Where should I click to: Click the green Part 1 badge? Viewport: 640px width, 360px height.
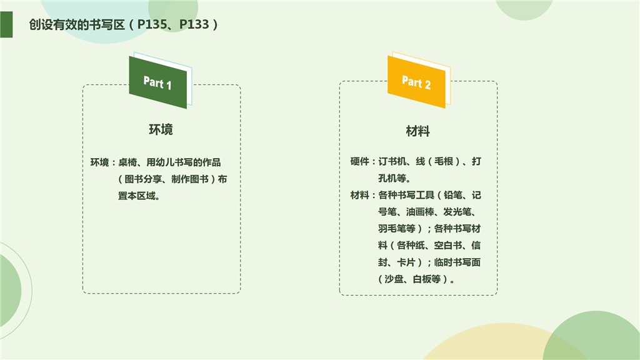(158, 82)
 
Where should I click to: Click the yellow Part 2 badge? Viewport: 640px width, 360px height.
(416, 82)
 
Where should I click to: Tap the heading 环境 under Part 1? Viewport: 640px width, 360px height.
(161, 129)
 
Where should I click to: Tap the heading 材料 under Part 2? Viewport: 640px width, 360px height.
(418, 131)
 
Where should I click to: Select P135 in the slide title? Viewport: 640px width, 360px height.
(152, 24)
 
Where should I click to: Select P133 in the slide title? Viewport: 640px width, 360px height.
(194, 24)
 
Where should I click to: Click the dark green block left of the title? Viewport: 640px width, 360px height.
(6, 24)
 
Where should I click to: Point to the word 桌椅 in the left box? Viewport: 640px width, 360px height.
(127, 162)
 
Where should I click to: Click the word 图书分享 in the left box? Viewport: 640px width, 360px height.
(143, 179)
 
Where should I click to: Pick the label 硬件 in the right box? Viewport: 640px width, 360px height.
(359, 162)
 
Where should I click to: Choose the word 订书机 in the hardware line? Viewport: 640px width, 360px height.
(392, 162)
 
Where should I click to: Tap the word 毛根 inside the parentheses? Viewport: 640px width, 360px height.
(444, 162)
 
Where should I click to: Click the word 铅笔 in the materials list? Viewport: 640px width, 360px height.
(453, 195)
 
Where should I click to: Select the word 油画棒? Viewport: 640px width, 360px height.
(421, 212)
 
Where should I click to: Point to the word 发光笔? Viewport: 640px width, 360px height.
(457, 212)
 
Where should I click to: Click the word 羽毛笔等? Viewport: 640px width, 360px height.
(397, 229)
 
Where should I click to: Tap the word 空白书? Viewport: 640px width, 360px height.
(448, 245)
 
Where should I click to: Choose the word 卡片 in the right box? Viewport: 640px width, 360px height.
(406, 262)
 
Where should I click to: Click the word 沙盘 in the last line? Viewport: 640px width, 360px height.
(394, 279)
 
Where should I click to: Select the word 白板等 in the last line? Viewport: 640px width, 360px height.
(426, 279)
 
